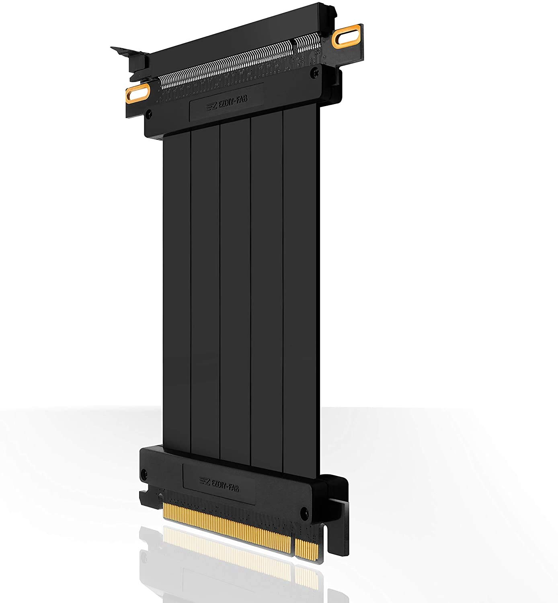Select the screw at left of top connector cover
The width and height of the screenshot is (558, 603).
pos(150,113)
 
